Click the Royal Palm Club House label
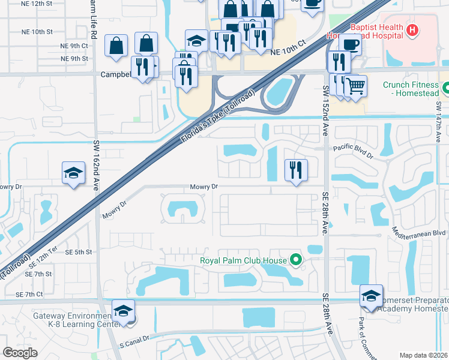click(243, 260)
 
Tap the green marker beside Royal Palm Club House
click(295, 260)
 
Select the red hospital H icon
click(412, 30)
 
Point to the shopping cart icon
click(355, 86)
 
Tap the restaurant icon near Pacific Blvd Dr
click(296, 169)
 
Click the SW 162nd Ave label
click(96, 165)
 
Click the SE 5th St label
click(80, 252)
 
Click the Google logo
click(20, 353)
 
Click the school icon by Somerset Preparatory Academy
click(371, 296)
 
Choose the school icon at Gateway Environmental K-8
click(123, 311)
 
